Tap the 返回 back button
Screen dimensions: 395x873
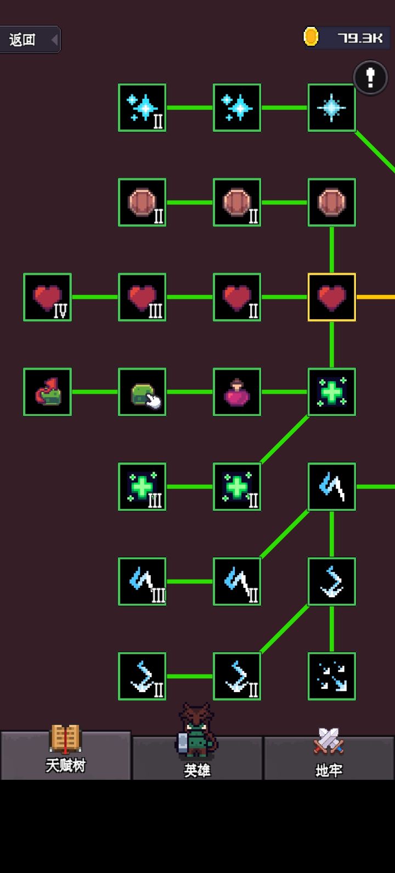(x=30, y=39)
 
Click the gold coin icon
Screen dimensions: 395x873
(x=311, y=37)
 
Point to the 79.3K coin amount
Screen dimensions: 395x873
(x=360, y=38)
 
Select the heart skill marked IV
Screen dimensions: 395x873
(x=47, y=297)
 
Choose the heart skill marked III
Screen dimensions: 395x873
(x=142, y=297)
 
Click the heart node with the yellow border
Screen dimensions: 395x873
(x=331, y=297)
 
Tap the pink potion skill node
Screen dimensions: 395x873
(x=236, y=392)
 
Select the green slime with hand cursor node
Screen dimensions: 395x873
(x=142, y=392)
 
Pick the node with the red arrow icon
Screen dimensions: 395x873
(x=47, y=392)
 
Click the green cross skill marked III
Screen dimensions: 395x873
(x=142, y=486)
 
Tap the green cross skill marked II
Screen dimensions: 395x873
(x=236, y=486)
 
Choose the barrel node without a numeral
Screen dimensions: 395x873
(x=331, y=202)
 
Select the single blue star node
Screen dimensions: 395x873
(x=331, y=107)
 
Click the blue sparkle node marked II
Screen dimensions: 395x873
(x=142, y=107)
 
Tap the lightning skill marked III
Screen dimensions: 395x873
(x=142, y=581)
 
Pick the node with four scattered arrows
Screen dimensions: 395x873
(x=331, y=676)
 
